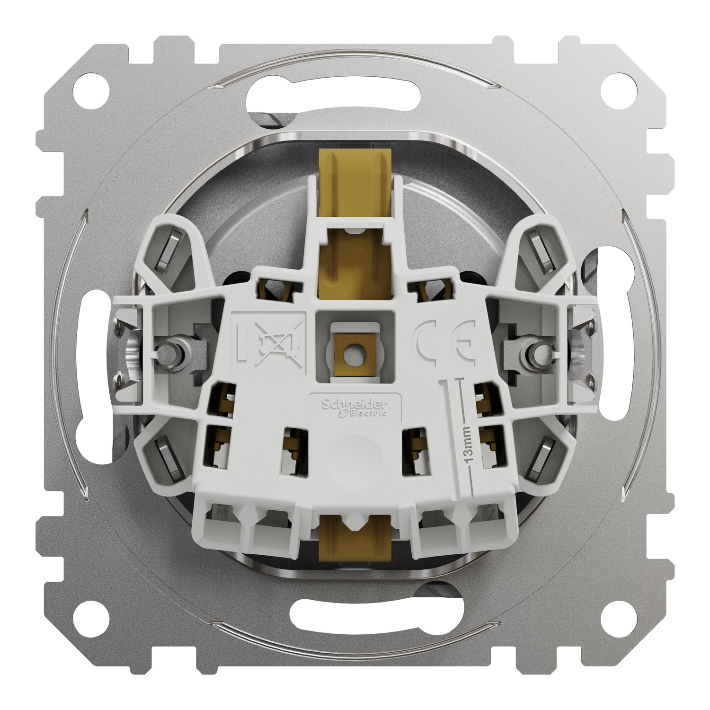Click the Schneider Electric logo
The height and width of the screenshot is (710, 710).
pos(355,408)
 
